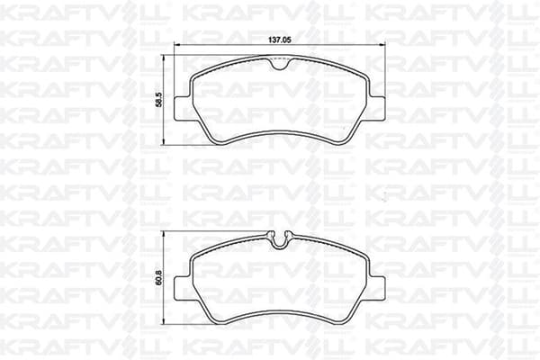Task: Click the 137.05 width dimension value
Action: point(280,40)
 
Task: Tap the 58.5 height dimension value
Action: point(158,100)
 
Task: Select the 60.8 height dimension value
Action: point(158,278)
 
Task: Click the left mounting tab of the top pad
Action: point(183,109)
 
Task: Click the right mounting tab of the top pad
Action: point(377,109)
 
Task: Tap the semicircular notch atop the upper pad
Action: point(280,64)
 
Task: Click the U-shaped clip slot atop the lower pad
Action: point(280,239)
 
